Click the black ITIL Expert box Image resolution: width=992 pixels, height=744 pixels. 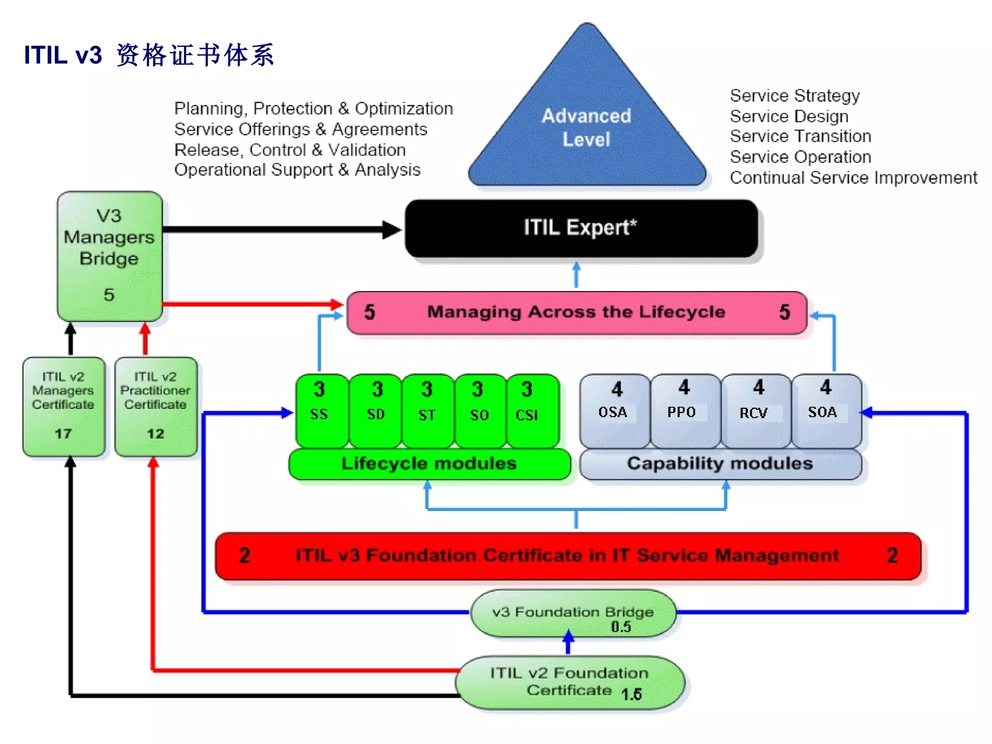coord(581,228)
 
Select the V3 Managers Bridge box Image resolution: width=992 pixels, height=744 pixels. coord(109,256)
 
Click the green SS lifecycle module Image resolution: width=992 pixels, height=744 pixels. coord(320,409)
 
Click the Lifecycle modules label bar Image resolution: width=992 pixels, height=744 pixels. coord(429,464)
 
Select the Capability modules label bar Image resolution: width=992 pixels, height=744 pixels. coord(720,464)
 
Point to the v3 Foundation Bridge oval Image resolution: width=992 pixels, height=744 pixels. coord(573,613)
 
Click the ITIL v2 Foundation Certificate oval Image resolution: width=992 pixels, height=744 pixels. coord(570,682)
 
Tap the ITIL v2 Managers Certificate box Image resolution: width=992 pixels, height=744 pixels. coord(63,406)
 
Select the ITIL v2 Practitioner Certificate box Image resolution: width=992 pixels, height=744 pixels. coord(155,406)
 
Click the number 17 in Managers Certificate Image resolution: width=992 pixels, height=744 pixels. coord(63,433)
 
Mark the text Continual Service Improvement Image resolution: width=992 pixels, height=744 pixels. coord(853,178)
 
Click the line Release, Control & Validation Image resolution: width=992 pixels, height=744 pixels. coord(290,150)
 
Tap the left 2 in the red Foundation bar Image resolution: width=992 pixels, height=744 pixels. coord(245,556)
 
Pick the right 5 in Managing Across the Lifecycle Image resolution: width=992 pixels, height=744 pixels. coord(784,312)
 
